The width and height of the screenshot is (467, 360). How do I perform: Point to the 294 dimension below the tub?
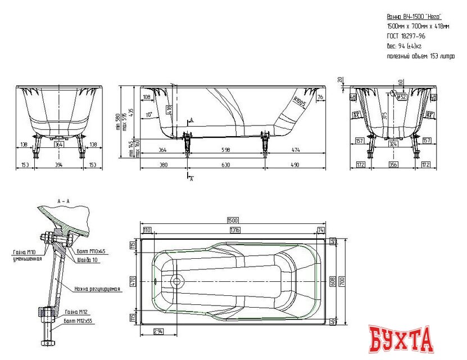[160, 332]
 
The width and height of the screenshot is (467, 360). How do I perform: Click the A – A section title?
[64, 200]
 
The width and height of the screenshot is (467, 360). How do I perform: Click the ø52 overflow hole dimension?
[402, 97]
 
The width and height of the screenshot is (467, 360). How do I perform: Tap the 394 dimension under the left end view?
[58, 165]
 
